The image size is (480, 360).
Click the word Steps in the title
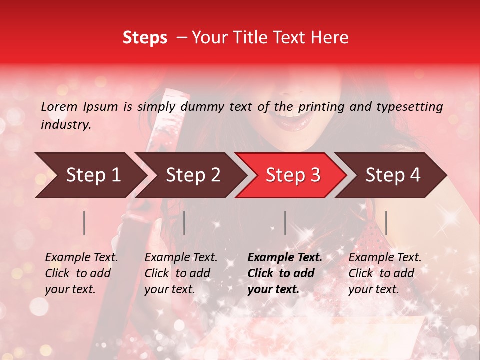[145, 38]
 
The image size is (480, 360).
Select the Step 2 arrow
[193, 175]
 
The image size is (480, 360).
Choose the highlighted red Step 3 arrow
[293, 175]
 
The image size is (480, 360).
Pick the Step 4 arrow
[393, 175]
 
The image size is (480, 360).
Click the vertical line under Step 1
[84, 223]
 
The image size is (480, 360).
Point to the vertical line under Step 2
[184, 223]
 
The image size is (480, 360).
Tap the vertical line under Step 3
[285, 223]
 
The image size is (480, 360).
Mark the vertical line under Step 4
[386, 223]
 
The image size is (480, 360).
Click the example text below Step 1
[81, 273]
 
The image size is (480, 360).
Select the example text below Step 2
[181, 273]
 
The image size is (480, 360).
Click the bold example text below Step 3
[285, 273]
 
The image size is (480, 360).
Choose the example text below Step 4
[385, 273]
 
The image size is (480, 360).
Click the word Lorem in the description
[59, 106]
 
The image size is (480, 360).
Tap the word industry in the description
[66, 125]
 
